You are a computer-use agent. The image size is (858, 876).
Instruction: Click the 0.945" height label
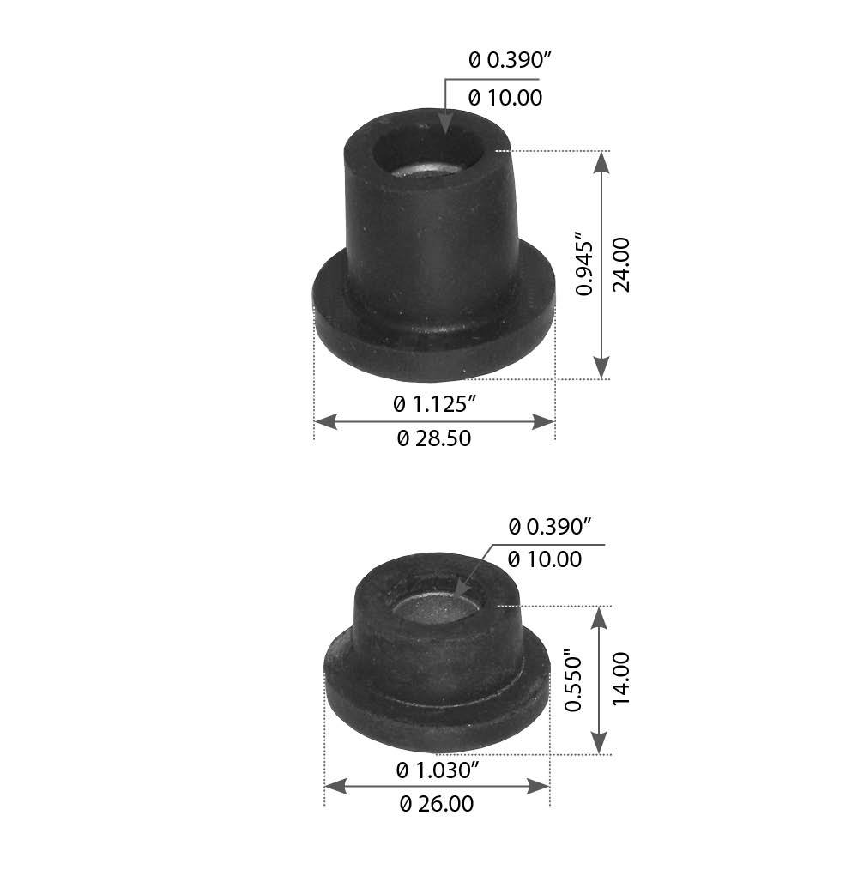click(584, 263)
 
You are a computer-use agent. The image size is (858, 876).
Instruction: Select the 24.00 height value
click(621, 264)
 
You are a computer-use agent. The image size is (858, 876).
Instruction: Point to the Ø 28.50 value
click(434, 438)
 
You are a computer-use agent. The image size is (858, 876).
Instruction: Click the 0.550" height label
click(574, 684)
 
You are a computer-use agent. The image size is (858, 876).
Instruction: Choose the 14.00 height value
click(621, 680)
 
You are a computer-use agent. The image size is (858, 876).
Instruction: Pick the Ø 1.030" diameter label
click(437, 770)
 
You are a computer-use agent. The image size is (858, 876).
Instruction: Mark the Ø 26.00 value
click(437, 804)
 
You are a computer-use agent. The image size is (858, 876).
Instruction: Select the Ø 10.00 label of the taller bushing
click(506, 98)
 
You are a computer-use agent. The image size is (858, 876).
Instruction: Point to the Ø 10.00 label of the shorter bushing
click(545, 559)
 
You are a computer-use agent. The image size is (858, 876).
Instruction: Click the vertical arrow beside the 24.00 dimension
click(601, 264)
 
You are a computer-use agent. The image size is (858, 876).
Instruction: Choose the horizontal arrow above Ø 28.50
click(434, 420)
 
